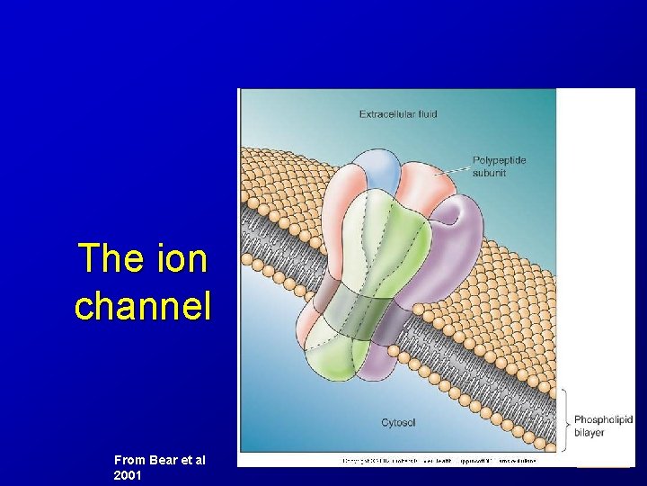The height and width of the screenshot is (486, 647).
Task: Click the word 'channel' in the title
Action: [x=143, y=306]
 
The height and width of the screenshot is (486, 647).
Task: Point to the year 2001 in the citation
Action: [x=128, y=474]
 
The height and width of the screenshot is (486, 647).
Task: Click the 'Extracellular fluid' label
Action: [x=399, y=114]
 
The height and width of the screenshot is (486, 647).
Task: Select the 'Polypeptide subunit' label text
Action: [x=499, y=166]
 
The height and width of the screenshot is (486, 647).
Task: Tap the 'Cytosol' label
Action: [x=398, y=422]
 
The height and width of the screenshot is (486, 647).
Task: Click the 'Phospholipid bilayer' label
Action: [x=603, y=426]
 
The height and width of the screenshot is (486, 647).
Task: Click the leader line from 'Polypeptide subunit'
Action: [x=453, y=169]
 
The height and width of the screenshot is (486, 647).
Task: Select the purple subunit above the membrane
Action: [x=458, y=243]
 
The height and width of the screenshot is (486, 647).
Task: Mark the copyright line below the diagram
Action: [x=439, y=461]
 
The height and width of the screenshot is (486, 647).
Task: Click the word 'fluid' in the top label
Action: [x=425, y=114]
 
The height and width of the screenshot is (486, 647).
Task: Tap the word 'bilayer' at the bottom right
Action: [x=589, y=433]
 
